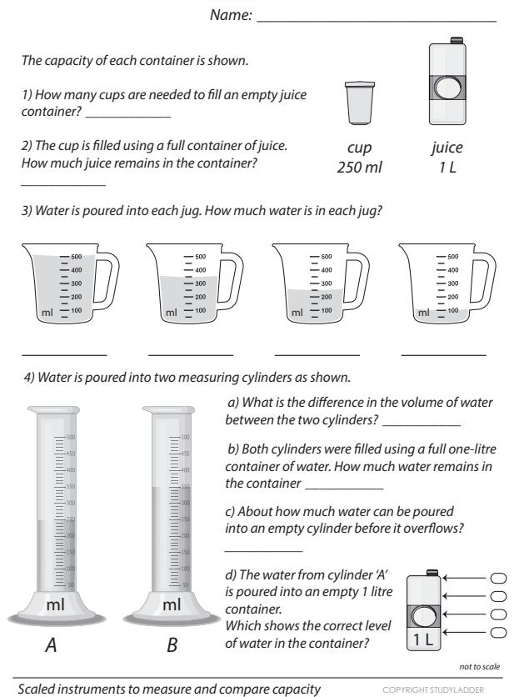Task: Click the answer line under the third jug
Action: pos(317,354)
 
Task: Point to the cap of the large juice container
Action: pos(455,38)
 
